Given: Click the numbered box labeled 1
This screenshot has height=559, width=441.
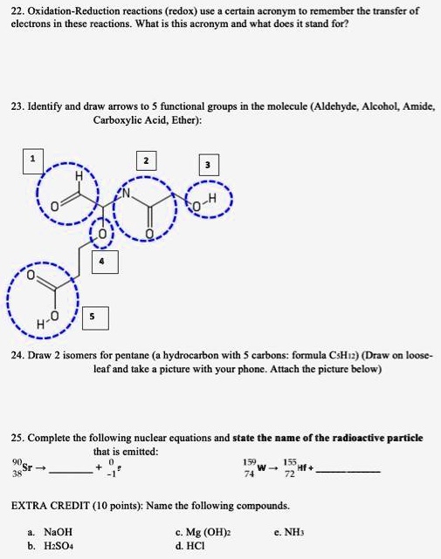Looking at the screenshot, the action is pos(33,159).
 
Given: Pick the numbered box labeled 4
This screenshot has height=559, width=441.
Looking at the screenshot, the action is pos(104,260).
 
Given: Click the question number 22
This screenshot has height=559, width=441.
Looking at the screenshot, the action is pos(17,10).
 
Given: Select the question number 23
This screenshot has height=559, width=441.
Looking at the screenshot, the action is pos(17,106).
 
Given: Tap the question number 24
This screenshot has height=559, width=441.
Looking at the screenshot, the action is pos(17,356).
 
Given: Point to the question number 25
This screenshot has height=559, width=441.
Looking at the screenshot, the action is pos(17,438).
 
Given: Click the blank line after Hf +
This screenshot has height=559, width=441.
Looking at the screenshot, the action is pos(348,472).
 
